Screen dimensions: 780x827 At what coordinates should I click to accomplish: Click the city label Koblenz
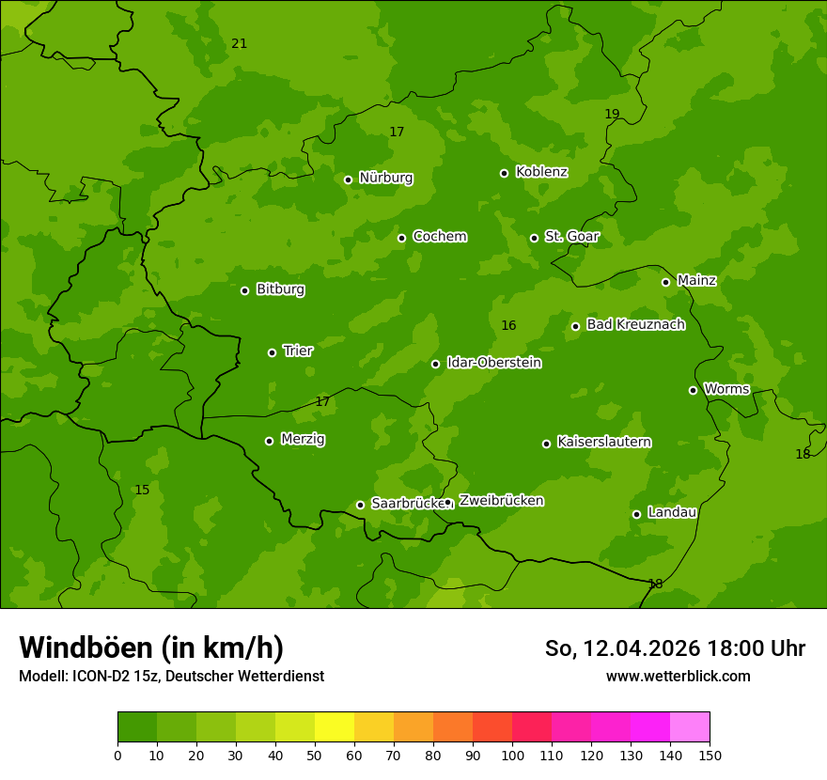(541, 172)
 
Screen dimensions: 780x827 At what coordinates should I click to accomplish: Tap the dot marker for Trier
(272, 352)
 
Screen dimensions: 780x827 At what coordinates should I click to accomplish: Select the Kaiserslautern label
(604, 442)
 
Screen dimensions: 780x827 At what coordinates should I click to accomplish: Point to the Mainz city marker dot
(665, 282)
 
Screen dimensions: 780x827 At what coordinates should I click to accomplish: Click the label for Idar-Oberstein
(493, 362)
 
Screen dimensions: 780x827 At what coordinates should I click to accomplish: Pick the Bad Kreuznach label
(635, 324)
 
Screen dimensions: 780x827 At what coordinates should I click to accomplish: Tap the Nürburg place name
(385, 178)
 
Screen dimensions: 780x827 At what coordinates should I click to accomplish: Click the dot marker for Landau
(636, 514)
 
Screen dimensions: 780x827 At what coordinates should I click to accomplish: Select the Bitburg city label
(280, 289)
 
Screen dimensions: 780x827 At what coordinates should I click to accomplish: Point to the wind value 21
(239, 44)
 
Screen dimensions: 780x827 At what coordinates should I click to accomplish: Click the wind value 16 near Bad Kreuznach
(508, 326)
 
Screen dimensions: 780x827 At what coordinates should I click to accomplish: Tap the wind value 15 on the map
(142, 491)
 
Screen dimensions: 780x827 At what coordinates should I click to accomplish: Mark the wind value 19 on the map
(612, 115)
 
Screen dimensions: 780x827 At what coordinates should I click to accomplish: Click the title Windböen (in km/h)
(151, 647)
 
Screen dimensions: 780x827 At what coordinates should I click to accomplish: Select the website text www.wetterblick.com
(678, 676)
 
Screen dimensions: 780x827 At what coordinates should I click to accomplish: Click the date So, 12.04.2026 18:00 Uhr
(675, 648)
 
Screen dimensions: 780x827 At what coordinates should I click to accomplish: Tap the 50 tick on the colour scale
(315, 755)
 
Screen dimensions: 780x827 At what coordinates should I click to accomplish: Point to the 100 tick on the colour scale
(512, 755)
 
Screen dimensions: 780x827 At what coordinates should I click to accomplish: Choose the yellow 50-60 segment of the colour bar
(335, 727)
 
